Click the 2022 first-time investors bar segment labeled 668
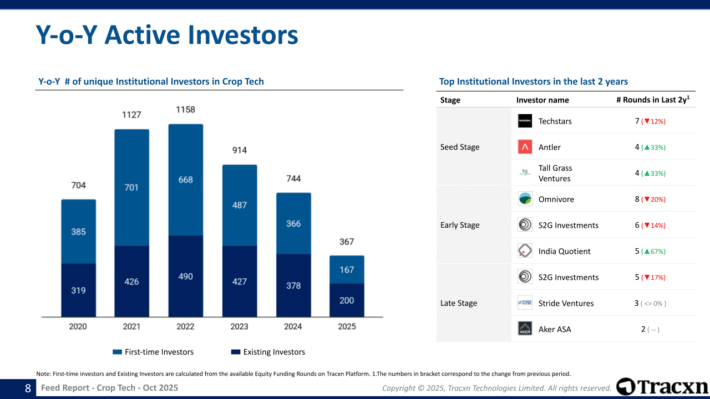click(186, 180)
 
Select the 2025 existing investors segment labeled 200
click(347, 300)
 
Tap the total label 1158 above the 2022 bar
click(185, 110)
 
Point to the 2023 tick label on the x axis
click(239, 326)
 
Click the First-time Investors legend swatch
click(117, 352)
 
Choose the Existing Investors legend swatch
click(236, 352)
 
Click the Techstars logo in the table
click(525, 121)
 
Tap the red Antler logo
click(525, 147)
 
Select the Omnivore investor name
click(556, 199)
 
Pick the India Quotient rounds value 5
click(637, 251)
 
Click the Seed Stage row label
click(460, 147)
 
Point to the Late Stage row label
click(459, 303)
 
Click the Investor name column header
click(542, 100)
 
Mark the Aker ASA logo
click(525, 329)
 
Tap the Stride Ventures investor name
click(566, 303)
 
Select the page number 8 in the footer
click(28, 388)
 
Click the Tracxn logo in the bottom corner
click(662, 387)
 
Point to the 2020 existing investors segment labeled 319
click(79, 290)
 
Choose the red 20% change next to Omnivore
click(653, 199)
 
